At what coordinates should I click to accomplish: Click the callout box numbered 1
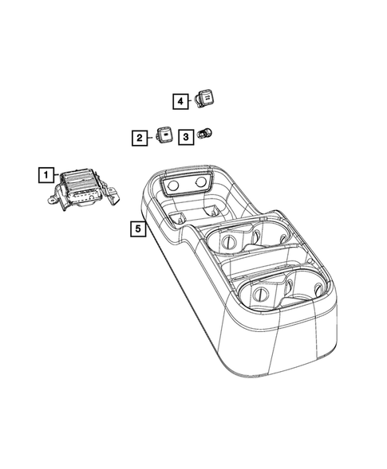click(46, 174)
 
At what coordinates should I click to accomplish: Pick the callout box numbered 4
click(181, 101)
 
